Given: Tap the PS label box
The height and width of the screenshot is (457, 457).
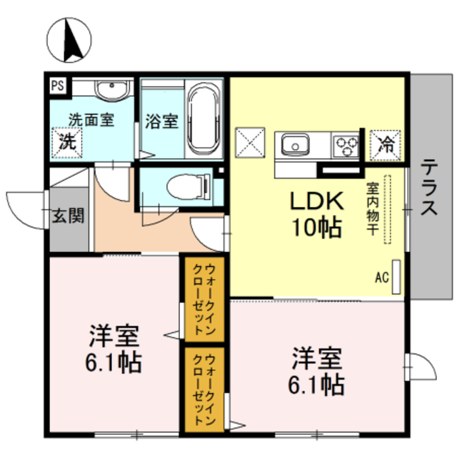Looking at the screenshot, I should [57, 85].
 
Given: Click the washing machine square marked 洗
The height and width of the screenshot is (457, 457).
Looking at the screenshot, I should [66, 141].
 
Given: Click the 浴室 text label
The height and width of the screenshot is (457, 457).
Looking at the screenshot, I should [161, 121].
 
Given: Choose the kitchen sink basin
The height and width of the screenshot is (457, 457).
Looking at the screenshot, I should [295, 146].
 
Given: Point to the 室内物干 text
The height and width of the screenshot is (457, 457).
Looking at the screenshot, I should [373, 211].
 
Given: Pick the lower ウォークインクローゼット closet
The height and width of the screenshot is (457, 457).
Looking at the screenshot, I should [204, 390].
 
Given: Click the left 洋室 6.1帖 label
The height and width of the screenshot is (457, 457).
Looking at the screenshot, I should [114, 350].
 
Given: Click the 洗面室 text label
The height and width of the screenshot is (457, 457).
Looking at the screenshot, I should [91, 120].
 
